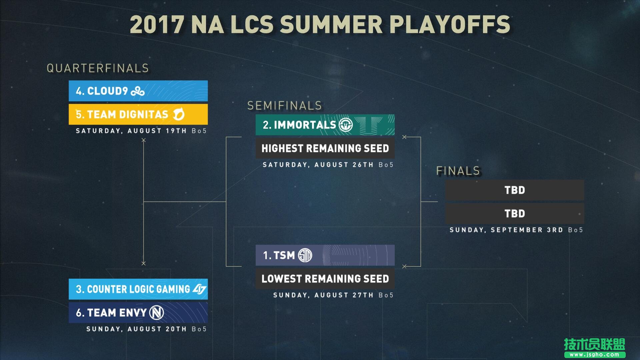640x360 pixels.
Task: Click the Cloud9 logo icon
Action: click(x=138, y=91)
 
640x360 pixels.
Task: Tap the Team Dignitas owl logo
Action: click(x=179, y=114)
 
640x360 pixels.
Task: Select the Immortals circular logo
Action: click(x=346, y=125)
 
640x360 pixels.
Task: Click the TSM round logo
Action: click(x=305, y=255)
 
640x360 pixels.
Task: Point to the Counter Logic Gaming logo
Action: click(x=200, y=289)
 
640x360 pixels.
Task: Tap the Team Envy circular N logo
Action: click(x=157, y=313)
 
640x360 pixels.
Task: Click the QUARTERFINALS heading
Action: click(x=98, y=68)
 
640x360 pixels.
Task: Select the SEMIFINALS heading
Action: click(x=285, y=106)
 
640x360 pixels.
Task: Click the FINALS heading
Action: click(x=458, y=171)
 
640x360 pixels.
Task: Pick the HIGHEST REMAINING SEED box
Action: click(x=325, y=148)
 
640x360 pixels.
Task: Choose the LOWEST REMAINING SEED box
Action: click(x=325, y=279)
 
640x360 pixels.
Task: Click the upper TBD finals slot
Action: click(x=515, y=190)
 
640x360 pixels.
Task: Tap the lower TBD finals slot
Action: click(x=515, y=213)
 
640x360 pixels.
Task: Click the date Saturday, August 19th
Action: click(x=131, y=131)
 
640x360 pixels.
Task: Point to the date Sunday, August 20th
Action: click(x=136, y=329)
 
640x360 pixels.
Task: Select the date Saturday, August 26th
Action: click(x=318, y=165)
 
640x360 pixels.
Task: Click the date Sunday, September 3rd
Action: click(x=506, y=230)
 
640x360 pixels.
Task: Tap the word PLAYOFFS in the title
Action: click(x=450, y=25)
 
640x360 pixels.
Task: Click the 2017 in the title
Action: click(x=157, y=25)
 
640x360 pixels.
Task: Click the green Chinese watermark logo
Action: click(x=594, y=348)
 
